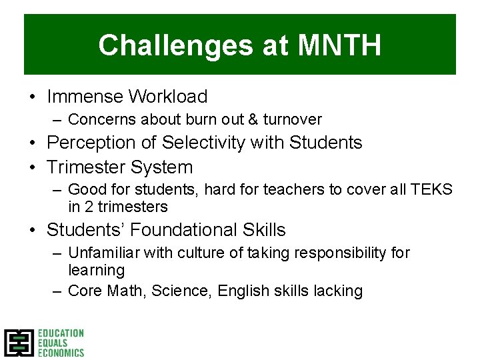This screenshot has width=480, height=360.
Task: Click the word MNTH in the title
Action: click(339, 45)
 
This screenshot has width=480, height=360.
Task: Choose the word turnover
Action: click(293, 120)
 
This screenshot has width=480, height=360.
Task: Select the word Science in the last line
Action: click(173, 291)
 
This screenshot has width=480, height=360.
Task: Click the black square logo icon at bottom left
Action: click(19, 343)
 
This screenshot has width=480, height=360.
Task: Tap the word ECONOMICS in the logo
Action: click(61, 353)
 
